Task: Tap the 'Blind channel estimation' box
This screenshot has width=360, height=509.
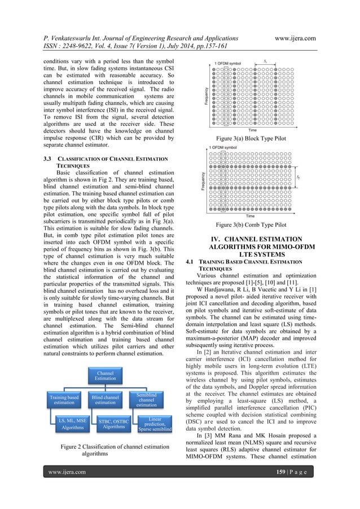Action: point(106,401)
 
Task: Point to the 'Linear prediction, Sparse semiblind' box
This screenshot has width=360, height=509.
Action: point(146,423)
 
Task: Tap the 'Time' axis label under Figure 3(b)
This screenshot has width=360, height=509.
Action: point(249,216)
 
